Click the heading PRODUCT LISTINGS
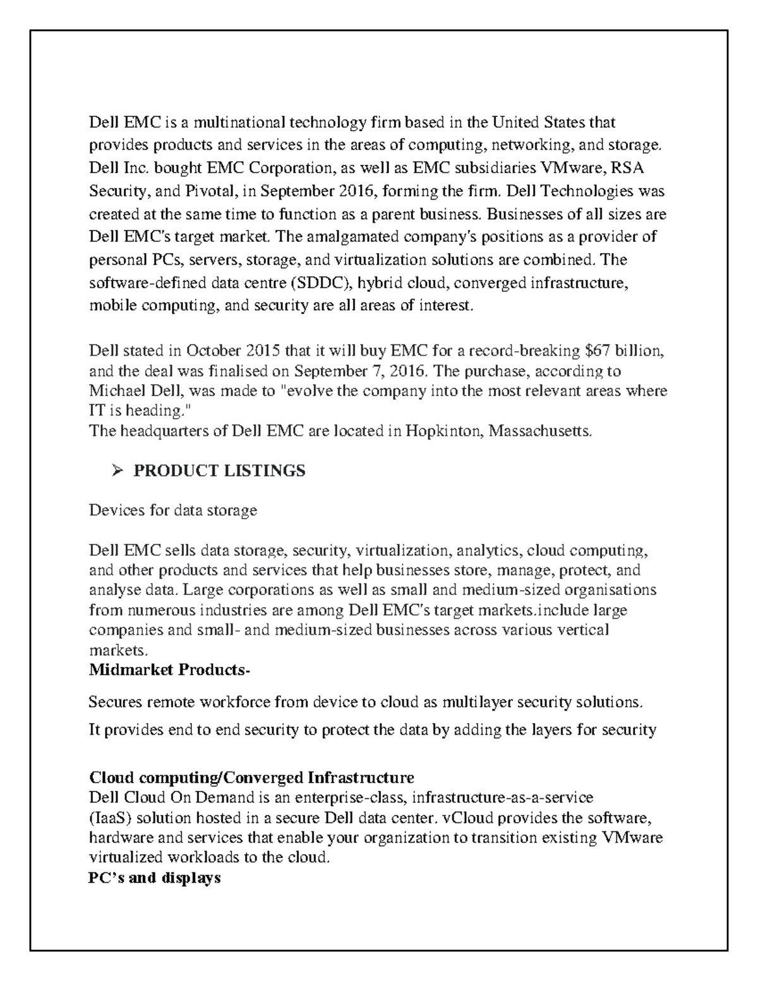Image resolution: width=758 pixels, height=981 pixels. (x=219, y=471)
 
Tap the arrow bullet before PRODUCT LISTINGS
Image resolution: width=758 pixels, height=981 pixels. (x=116, y=471)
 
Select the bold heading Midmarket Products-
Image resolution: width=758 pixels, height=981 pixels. (x=169, y=670)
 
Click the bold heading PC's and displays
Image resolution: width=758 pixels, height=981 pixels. (x=155, y=877)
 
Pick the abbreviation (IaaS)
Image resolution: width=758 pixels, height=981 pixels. (x=111, y=818)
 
